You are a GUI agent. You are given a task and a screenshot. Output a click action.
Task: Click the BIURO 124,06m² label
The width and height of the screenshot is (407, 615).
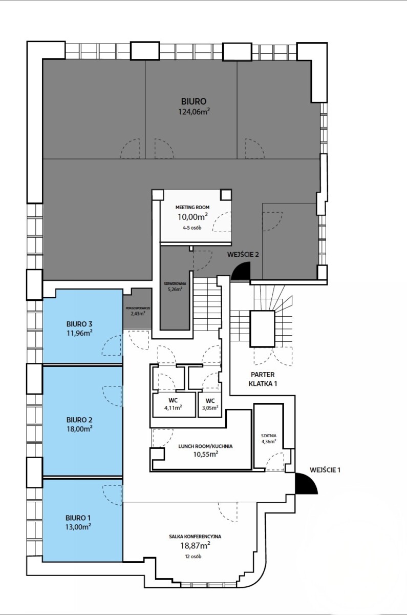pos(194,106)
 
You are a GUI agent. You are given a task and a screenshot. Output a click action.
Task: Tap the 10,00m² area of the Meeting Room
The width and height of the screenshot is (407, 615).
pos(192,217)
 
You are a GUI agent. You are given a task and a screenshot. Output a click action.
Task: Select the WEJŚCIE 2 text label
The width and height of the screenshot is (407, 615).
pos(243,254)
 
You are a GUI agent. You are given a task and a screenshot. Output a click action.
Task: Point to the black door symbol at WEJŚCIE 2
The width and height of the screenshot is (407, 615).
pos(241,271)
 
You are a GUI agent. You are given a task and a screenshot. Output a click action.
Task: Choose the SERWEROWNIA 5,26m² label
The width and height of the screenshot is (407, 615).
pos(175,286)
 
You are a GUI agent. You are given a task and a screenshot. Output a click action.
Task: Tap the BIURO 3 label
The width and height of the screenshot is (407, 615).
pos(79,324)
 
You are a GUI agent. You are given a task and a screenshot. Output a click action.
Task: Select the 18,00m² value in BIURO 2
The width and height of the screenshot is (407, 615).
pos(79,428)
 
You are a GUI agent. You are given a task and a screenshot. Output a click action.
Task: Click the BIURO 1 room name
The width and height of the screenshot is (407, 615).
pos(78,518)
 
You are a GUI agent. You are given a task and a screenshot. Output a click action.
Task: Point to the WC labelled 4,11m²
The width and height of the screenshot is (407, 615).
pos(174,404)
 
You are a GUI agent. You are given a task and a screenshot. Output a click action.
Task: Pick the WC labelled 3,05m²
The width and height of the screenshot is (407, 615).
pos(210,404)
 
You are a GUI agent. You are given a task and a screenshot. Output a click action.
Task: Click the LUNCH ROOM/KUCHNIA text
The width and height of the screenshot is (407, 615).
pos(205,446)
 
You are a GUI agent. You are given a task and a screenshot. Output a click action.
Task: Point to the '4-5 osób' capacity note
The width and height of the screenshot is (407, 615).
pos(192,228)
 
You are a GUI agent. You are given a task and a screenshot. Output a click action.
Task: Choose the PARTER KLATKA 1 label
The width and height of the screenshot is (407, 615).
pos(263,379)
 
